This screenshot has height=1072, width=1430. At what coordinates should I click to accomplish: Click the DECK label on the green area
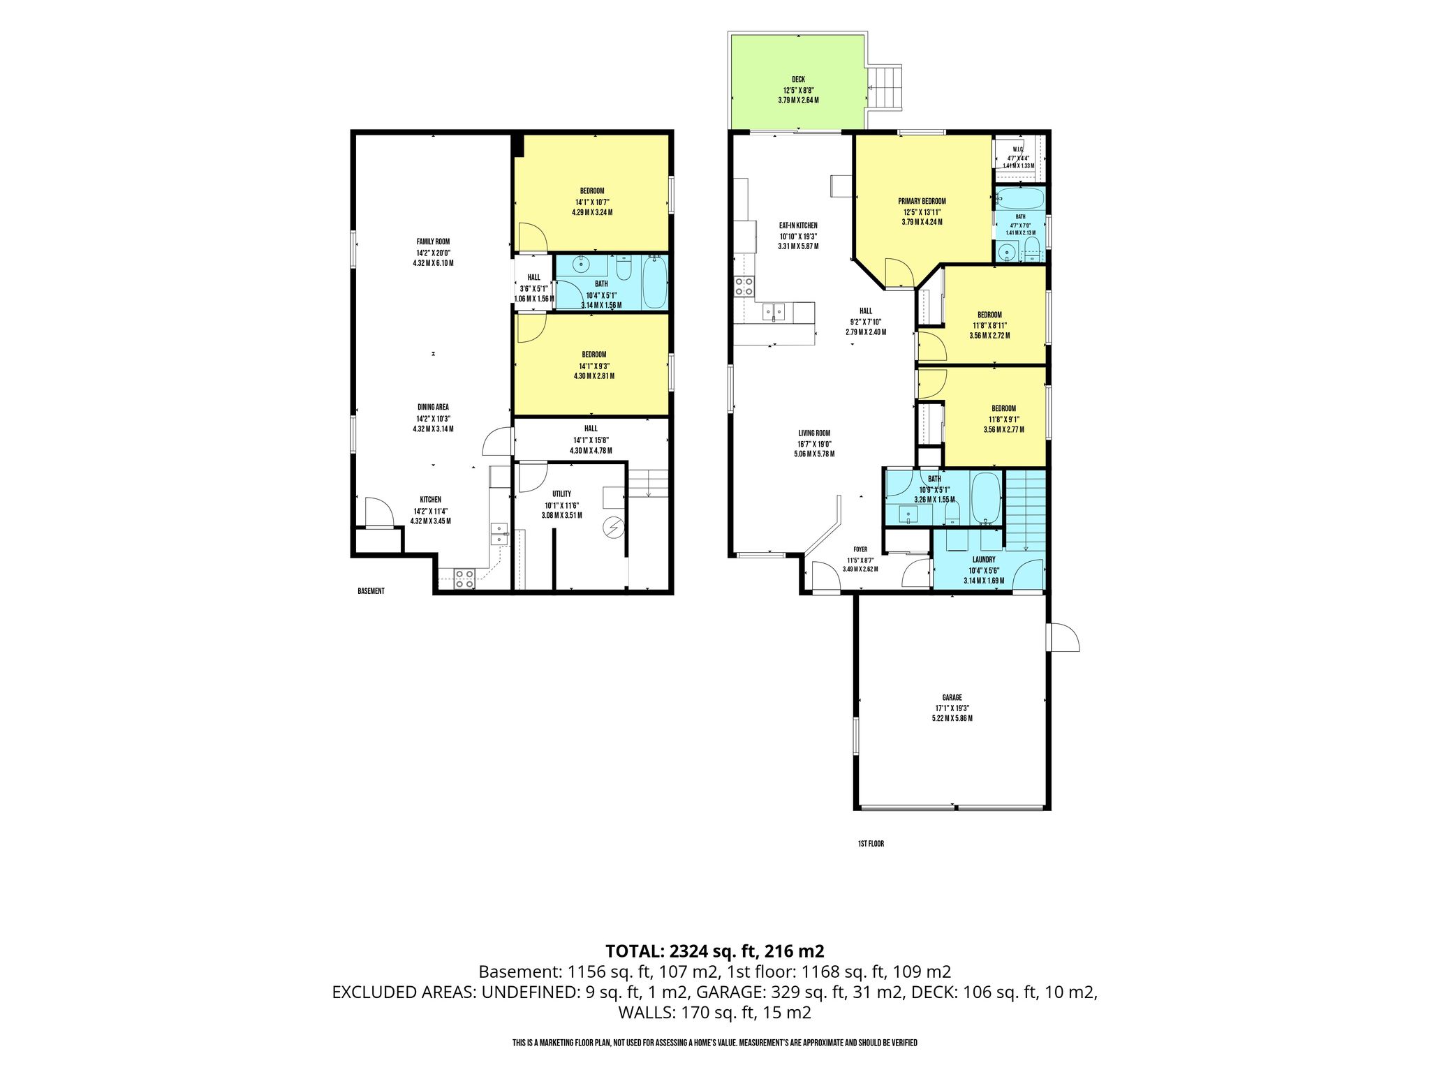point(798,80)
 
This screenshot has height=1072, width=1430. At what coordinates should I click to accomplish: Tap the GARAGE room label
point(952,697)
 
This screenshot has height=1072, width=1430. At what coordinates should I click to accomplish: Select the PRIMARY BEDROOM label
point(922,201)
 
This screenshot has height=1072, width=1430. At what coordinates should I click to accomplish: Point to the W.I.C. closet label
point(1018,149)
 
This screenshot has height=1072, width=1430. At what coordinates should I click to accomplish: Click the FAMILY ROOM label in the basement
point(433,241)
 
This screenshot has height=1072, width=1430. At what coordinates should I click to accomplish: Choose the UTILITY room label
point(561,494)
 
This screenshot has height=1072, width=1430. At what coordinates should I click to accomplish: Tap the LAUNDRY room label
point(984,560)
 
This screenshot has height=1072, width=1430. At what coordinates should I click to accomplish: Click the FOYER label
point(860,549)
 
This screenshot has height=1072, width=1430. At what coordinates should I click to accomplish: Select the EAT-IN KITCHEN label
point(798,225)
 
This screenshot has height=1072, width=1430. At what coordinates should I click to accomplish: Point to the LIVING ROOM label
point(814,433)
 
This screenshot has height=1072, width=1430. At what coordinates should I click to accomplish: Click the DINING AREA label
point(433,407)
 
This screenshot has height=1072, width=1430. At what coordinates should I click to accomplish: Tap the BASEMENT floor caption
point(371,591)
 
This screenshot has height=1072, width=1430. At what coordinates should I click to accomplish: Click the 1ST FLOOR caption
point(871,844)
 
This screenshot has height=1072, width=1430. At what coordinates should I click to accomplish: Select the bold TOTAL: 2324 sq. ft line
point(715,951)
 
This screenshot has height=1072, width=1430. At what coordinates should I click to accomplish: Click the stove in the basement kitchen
point(465,578)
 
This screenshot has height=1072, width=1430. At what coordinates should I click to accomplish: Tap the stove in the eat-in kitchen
point(744,286)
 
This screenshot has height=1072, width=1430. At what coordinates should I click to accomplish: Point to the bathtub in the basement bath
point(654,283)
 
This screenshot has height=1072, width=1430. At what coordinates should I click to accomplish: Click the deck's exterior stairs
point(885,88)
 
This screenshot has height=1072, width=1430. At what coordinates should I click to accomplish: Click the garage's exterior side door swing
point(1063,637)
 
